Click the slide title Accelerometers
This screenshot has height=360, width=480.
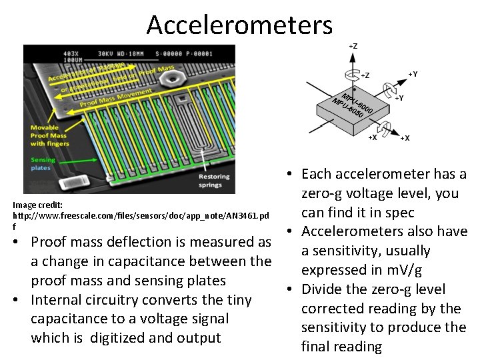coord(239,25)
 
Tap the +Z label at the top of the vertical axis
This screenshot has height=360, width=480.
coord(353,46)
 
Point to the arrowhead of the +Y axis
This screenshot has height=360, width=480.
coord(407,79)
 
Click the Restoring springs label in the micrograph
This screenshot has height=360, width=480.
coord(214,181)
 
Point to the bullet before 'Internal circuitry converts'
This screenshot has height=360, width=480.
coord(21,300)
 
